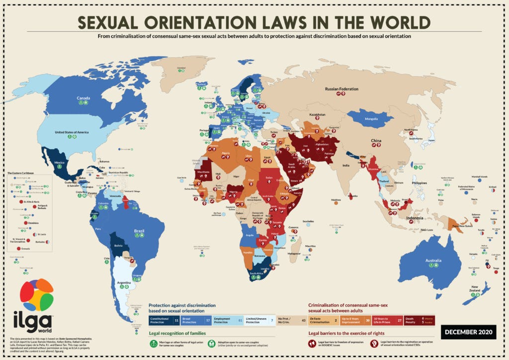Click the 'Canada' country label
[83, 98]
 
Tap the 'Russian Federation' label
[341, 89]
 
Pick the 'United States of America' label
[72, 132]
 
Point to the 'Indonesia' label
[415, 218]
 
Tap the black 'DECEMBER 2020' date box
[468, 332]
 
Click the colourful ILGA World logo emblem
[36, 294]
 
